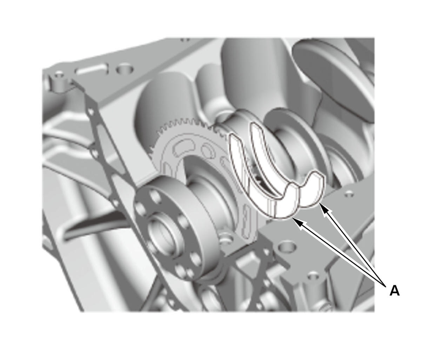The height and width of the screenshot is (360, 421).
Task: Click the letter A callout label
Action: tap(394, 291)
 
